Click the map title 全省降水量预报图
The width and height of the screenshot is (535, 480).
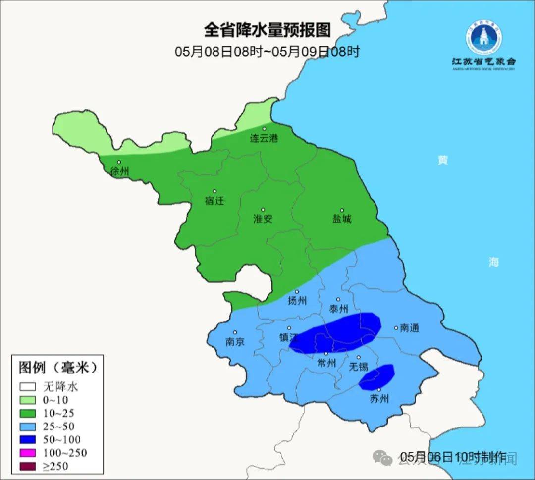[x=267, y=30]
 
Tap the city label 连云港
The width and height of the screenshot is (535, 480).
[x=264, y=139]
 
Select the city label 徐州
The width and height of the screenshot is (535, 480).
[x=120, y=172]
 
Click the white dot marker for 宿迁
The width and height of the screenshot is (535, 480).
[x=214, y=191]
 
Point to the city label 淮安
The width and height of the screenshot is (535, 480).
[x=263, y=219]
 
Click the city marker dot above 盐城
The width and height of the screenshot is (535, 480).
[x=342, y=210]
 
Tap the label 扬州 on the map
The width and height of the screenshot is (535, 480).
[x=297, y=301]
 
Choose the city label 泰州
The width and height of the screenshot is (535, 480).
[x=338, y=309]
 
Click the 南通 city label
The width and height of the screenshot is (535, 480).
[x=410, y=328]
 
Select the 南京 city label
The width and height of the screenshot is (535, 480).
[x=235, y=342]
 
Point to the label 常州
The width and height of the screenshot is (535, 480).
[x=326, y=363]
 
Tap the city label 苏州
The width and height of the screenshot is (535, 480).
[x=379, y=399]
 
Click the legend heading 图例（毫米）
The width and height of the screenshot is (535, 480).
[x=57, y=368]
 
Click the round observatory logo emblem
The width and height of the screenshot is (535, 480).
[x=483, y=37]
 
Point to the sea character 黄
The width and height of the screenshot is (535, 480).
[x=442, y=160]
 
